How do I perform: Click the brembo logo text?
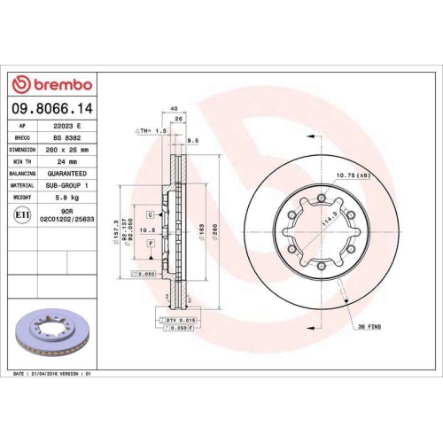pyautogui.click(x=56, y=84)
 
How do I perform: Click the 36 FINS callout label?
pyautogui.click(x=369, y=327)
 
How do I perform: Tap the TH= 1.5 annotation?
pyautogui.click(x=151, y=130)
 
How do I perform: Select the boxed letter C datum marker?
pyautogui.click(x=151, y=214)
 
